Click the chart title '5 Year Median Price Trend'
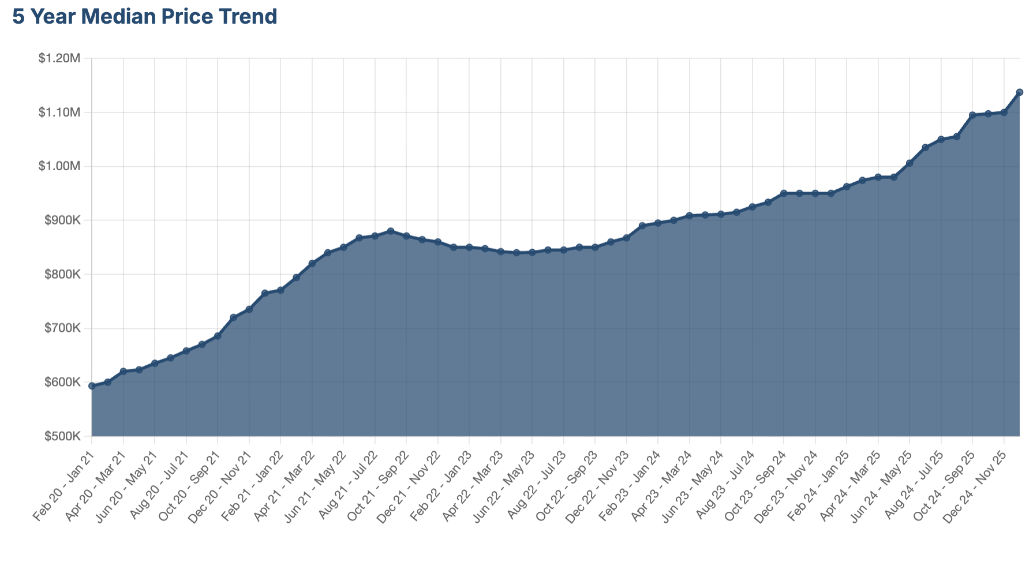[145, 17]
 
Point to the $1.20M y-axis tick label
[59, 58]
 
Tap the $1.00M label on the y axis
[59, 166]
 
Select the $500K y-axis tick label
[62, 436]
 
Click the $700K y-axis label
[62, 328]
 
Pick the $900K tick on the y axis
[62, 220]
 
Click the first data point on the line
[92, 386]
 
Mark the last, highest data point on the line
[1020, 92]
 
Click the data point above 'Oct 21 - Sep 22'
[406, 236]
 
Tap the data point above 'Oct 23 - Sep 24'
[784, 193]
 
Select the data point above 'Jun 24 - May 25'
[910, 163]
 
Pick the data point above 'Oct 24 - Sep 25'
[972, 115]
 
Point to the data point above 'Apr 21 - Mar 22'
[312, 264]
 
